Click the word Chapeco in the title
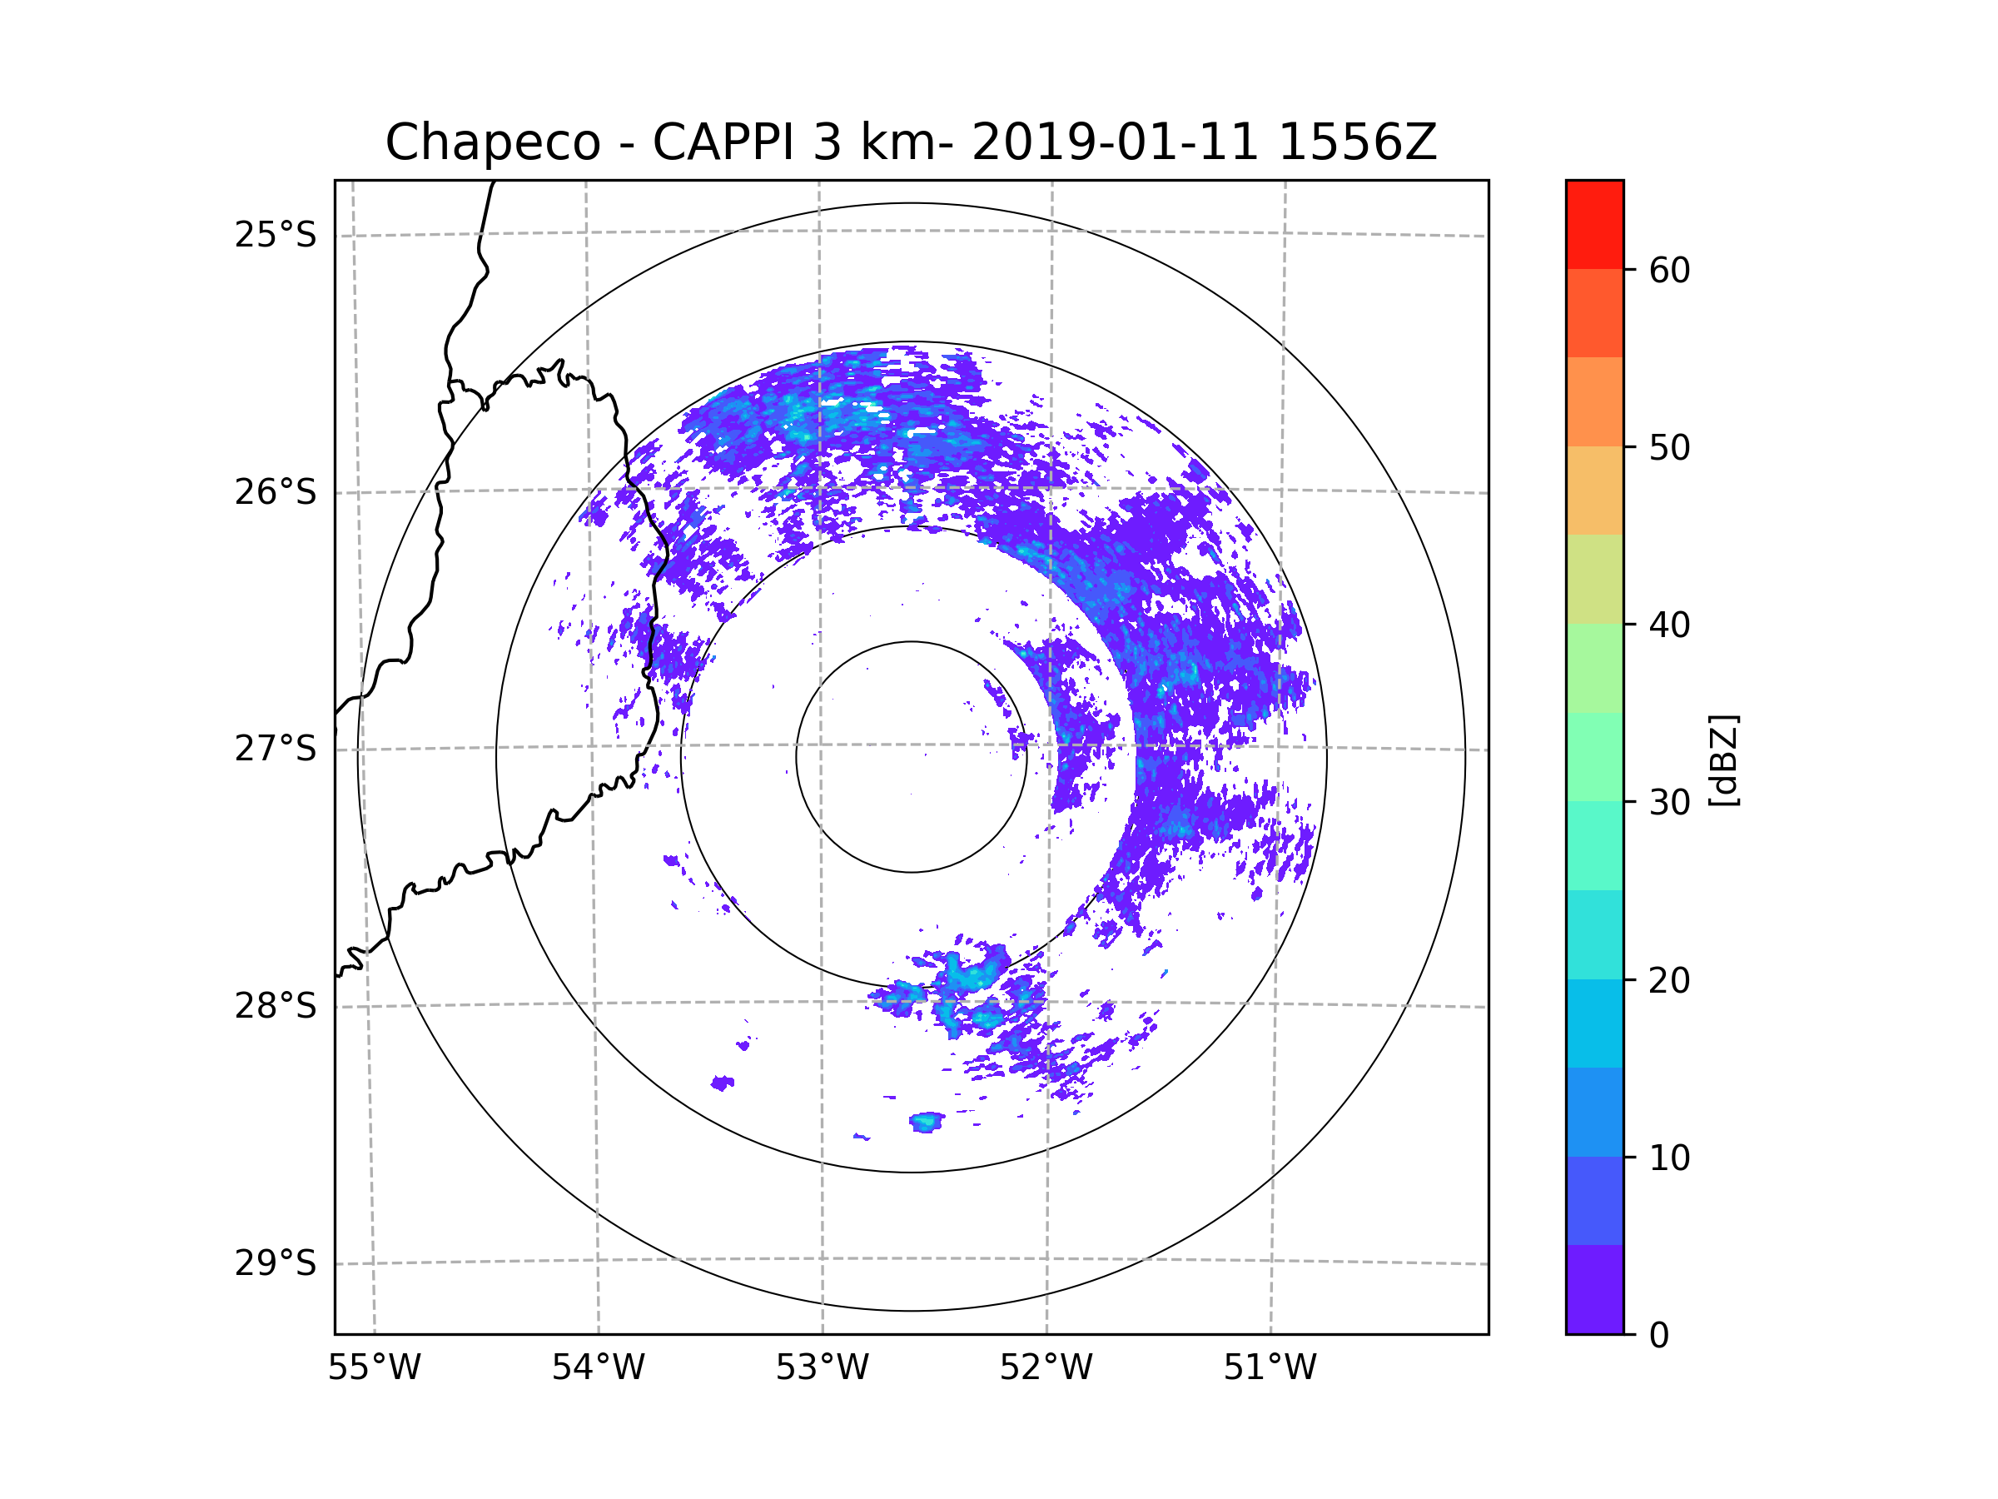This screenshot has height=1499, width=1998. [x=492, y=142]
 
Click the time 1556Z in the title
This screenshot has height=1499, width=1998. [x=1357, y=142]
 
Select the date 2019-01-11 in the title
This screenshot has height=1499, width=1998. [x=1115, y=142]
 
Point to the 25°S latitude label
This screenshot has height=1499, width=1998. [x=276, y=235]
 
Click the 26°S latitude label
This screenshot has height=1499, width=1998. [x=276, y=492]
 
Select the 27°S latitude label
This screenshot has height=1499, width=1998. [x=276, y=749]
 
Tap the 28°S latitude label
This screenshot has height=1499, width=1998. [x=276, y=1006]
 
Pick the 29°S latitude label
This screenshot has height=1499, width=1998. [x=276, y=1263]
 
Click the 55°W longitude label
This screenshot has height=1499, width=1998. [x=374, y=1368]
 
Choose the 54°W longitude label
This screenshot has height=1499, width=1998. [x=598, y=1368]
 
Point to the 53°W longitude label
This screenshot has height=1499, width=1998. [x=822, y=1368]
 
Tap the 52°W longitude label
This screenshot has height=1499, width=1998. [x=1046, y=1368]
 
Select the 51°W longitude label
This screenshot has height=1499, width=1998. [x=1270, y=1368]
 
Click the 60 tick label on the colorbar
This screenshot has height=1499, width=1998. [x=1669, y=270]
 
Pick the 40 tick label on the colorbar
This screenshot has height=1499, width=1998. [x=1669, y=625]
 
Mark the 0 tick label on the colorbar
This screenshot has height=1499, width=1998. [x=1659, y=1336]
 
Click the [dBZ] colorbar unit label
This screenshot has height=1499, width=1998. [x=1723, y=759]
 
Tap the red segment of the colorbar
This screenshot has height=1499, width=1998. [x=1594, y=224]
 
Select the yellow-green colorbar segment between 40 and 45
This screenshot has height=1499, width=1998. [x=1594, y=579]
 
